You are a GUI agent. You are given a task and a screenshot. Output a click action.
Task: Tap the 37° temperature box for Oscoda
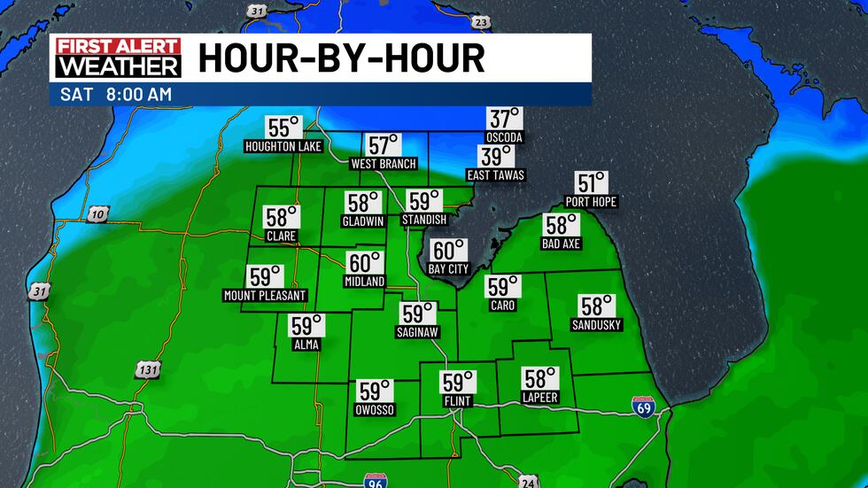pyautogui.click(x=504, y=119)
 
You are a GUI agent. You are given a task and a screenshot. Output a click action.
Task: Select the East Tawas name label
pyautogui.click(x=496, y=175)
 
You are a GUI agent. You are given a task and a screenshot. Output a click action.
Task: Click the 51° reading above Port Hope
pyautogui.click(x=592, y=183)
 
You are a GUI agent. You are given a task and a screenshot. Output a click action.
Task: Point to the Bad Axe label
pyautogui.click(x=562, y=244)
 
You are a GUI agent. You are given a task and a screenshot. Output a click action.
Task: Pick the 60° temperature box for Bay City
pyautogui.click(x=448, y=251)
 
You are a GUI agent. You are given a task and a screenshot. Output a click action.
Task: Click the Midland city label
pyautogui.click(x=364, y=282)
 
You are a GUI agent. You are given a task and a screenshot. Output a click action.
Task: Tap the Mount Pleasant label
pyautogui.click(x=265, y=296)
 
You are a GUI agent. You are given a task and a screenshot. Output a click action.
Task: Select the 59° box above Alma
pyautogui.click(x=307, y=326)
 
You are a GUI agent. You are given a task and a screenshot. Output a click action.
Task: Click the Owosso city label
pyautogui.click(x=375, y=410)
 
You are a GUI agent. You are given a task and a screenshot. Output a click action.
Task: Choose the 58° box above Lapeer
pyautogui.click(x=540, y=378)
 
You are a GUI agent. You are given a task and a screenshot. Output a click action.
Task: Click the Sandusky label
pyautogui.click(x=597, y=325)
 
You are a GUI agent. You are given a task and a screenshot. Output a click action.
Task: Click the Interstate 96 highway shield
pyautogui.click(x=375, y=480)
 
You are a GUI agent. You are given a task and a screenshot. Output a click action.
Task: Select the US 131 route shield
pyautogui.click(x=147, y=370)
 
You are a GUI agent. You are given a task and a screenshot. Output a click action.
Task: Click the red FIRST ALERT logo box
pyautogui.click(x=119, y=47)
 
